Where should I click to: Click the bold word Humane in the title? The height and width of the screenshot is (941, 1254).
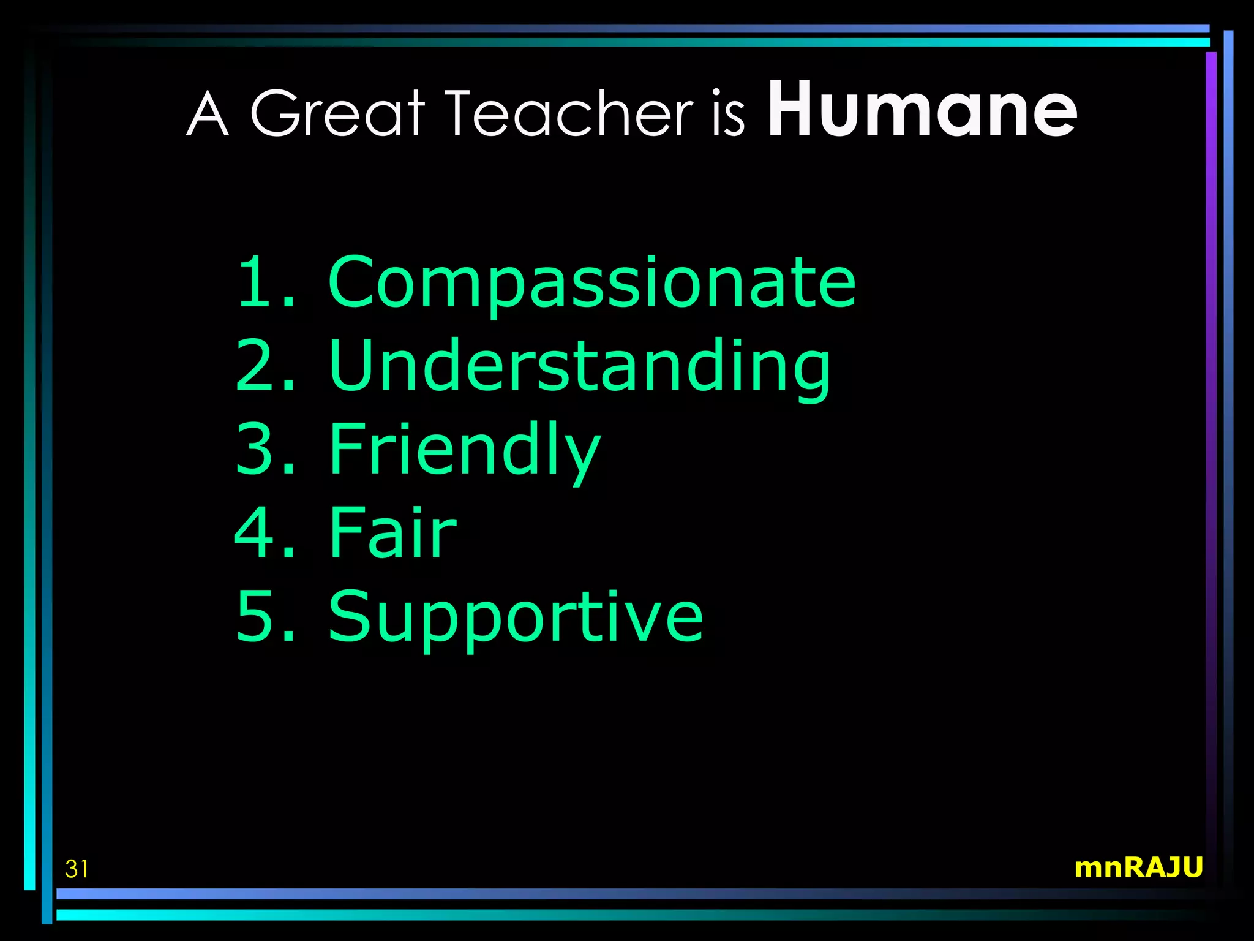pyautogui.click(x=922, y=110)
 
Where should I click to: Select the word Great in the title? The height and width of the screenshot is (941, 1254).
pyautogui.click(x=337, y=113)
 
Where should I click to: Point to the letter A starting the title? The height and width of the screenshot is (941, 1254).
pyautogui.click(x=208, y=114)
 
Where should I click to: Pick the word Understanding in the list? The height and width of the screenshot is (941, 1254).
pyautogui.click(x=579, y=366)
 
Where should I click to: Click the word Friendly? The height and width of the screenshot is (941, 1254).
pyautogui.click(x=465, y=450)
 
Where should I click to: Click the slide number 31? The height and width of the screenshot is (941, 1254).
pyautogui.click(x=77, y=869)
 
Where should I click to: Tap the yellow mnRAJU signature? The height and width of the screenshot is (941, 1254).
pyautogui.click(x=1138, y=867)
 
